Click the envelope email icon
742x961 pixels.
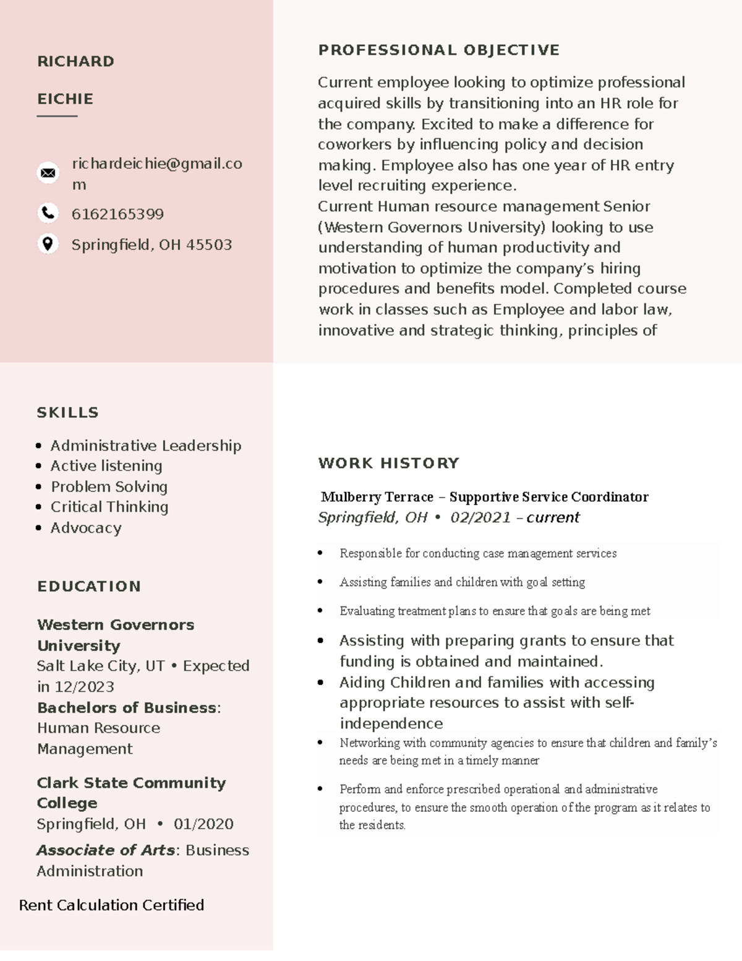48,173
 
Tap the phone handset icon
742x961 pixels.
48,213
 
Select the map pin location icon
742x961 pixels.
48,243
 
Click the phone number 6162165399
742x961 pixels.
117,214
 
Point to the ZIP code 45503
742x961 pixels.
209,244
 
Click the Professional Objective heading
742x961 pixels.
438,50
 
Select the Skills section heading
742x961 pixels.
67,413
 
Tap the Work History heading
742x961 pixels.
388,463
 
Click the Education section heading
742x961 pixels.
88,586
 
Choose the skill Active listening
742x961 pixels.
106,466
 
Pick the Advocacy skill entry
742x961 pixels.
85,528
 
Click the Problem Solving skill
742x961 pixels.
109,486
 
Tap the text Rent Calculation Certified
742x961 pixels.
111,905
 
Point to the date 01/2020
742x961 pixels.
203,824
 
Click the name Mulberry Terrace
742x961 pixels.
377,497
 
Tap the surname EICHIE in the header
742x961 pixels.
65,99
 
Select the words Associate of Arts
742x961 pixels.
106,850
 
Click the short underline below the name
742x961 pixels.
57,116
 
